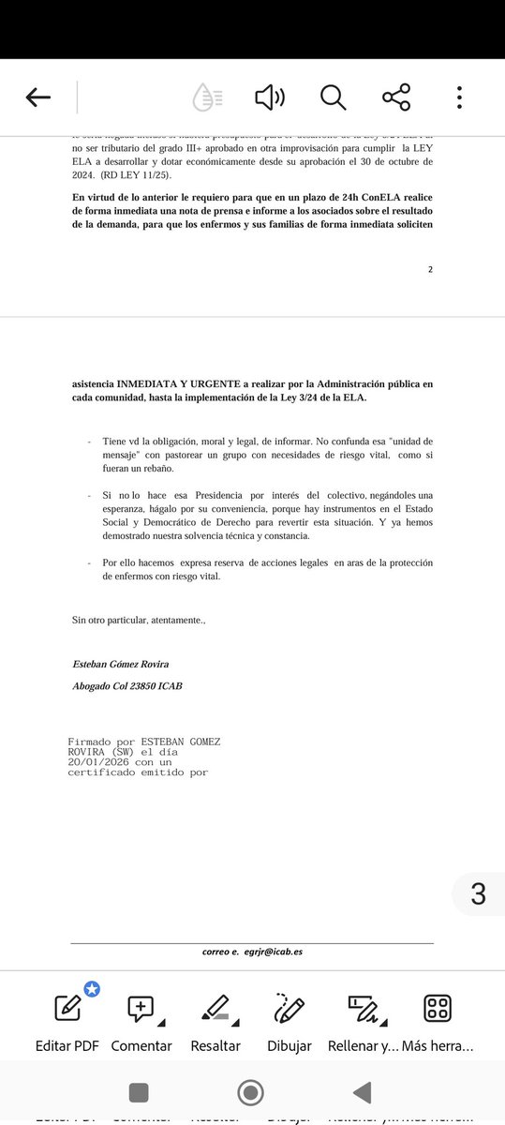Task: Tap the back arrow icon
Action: [x=38, y=97]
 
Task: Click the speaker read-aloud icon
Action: [x=269, y=97]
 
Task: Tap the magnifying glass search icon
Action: [x=333, y=97]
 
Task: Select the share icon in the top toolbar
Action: [x=396, y=97]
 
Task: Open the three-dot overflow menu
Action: [x=459, y=97]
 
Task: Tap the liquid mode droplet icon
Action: [x=207, y=97]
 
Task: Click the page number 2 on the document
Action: [x=430, y=269]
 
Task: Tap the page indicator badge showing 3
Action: [x=478, y=894]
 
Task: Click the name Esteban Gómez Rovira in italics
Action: [x=121, y=664]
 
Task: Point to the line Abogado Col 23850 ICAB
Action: [x=127, y=686]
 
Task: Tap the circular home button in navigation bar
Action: [x=250, y=1092]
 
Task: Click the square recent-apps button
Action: [x=139, y=1092]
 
